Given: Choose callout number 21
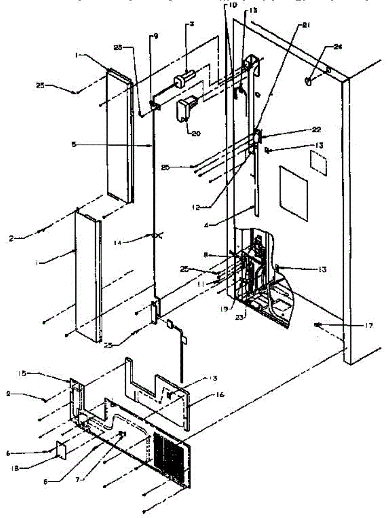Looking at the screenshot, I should (306, 26).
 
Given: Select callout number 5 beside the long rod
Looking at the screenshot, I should (74, 145).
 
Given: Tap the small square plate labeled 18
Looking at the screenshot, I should (60, 452).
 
